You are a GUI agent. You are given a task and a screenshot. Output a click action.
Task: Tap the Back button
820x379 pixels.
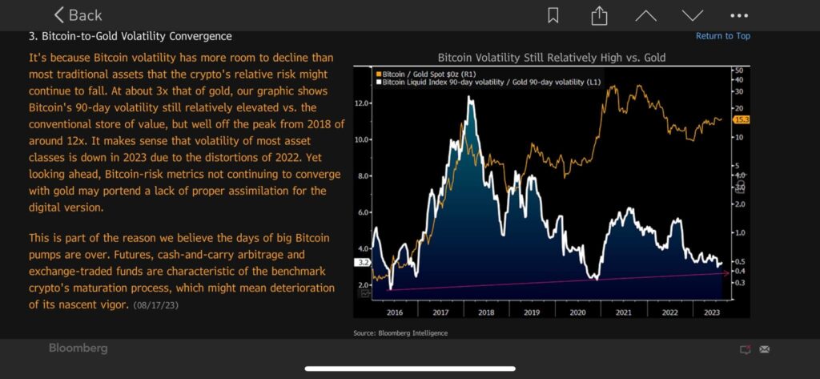click(78, 15)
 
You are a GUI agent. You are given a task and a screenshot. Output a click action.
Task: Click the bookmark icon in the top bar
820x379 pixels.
click(553, 15)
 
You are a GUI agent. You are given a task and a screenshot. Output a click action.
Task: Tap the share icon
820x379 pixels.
click(598, 15)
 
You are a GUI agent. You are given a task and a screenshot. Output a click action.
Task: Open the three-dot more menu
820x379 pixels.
click(739, 15)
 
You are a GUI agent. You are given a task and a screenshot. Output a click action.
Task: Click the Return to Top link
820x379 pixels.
click(722, 36)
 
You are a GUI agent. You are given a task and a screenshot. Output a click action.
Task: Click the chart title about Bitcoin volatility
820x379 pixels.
click(552, 58)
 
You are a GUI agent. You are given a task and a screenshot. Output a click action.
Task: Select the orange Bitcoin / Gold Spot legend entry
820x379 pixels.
click(428, 73)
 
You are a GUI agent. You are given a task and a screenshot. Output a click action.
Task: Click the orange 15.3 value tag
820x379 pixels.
click(741, 119)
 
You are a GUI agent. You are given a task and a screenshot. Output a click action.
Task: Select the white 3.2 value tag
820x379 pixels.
click(362, 262)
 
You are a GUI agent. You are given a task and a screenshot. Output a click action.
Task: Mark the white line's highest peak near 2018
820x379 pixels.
click(469, 98)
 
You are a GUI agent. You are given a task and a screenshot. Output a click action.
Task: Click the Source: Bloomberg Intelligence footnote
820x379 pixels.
click(400, 333)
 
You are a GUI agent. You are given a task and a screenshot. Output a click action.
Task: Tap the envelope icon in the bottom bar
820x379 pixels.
click(764, 349)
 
